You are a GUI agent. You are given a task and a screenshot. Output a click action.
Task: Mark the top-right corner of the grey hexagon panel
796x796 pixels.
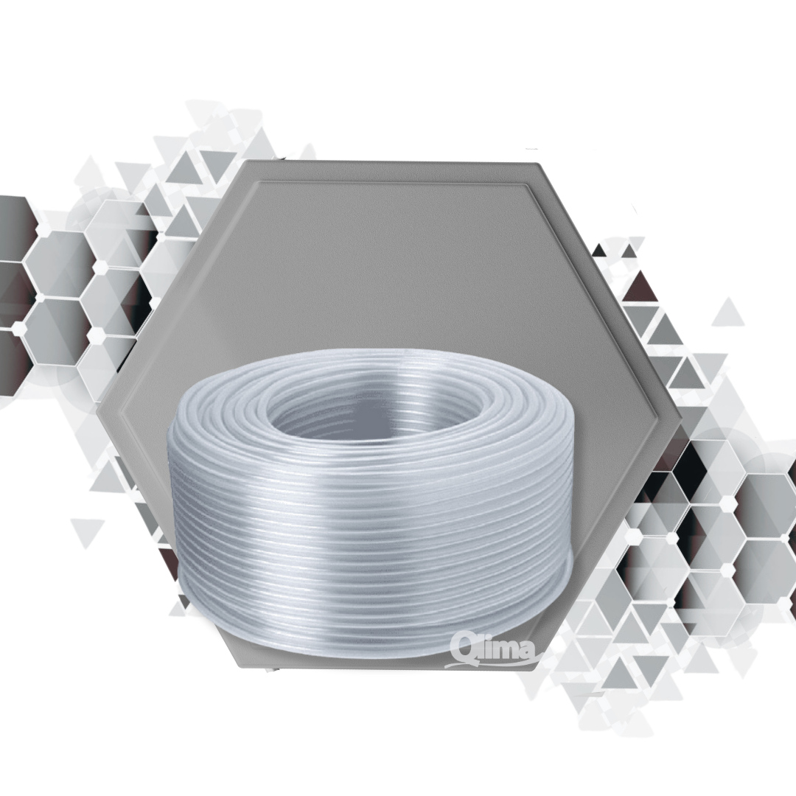[537, 164]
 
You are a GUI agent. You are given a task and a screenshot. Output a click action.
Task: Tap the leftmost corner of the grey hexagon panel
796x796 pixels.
[97, 412]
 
